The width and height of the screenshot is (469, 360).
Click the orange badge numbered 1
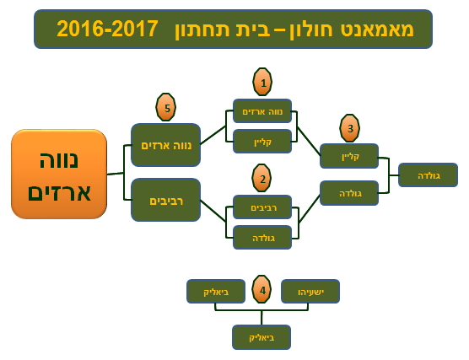point(262,82)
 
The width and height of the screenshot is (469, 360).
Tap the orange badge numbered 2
point(261,178)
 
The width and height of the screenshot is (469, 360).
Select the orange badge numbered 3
point(349,128)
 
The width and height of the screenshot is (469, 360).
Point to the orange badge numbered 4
point(261,290)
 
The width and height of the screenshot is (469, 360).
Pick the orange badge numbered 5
point(165,107)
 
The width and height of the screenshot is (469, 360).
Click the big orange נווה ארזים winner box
point(59,174)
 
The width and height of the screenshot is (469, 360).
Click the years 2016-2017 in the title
point(107,29)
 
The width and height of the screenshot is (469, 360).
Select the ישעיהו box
point(310,291)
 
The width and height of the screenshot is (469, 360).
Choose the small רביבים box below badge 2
point(262,207)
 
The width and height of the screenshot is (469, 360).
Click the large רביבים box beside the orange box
point(165,200)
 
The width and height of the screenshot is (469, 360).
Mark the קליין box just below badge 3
point(349,156)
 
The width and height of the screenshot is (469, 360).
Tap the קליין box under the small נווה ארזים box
point(262,141)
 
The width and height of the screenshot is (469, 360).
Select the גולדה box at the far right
point(428,175)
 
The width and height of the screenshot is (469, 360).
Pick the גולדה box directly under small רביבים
point(262,238)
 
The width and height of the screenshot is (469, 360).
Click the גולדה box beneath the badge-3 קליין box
point(349,193)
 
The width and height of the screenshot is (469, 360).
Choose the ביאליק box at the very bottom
point(261,337)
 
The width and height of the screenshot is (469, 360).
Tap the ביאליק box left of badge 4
point(216,291)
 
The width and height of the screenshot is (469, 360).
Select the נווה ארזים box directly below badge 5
point(165,145)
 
